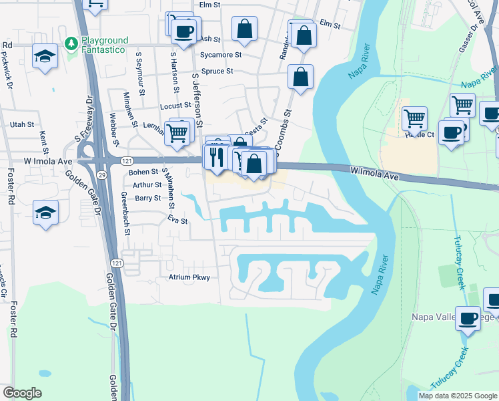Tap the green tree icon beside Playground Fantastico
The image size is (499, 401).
[71, 43]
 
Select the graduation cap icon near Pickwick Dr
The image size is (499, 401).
[45, 56]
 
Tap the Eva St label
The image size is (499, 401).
[178, 220]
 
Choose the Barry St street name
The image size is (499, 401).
[147, 198]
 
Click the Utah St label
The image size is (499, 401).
[21, 124]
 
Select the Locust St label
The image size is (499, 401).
[175, 106]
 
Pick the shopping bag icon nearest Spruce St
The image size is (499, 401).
[301, 77]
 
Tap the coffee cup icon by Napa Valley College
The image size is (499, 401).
[468, 318]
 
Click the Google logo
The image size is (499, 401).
[22, 393]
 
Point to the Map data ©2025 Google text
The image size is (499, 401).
[457, 396]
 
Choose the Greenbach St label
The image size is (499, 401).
[126, 213]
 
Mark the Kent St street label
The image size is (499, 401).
[45, 140]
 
